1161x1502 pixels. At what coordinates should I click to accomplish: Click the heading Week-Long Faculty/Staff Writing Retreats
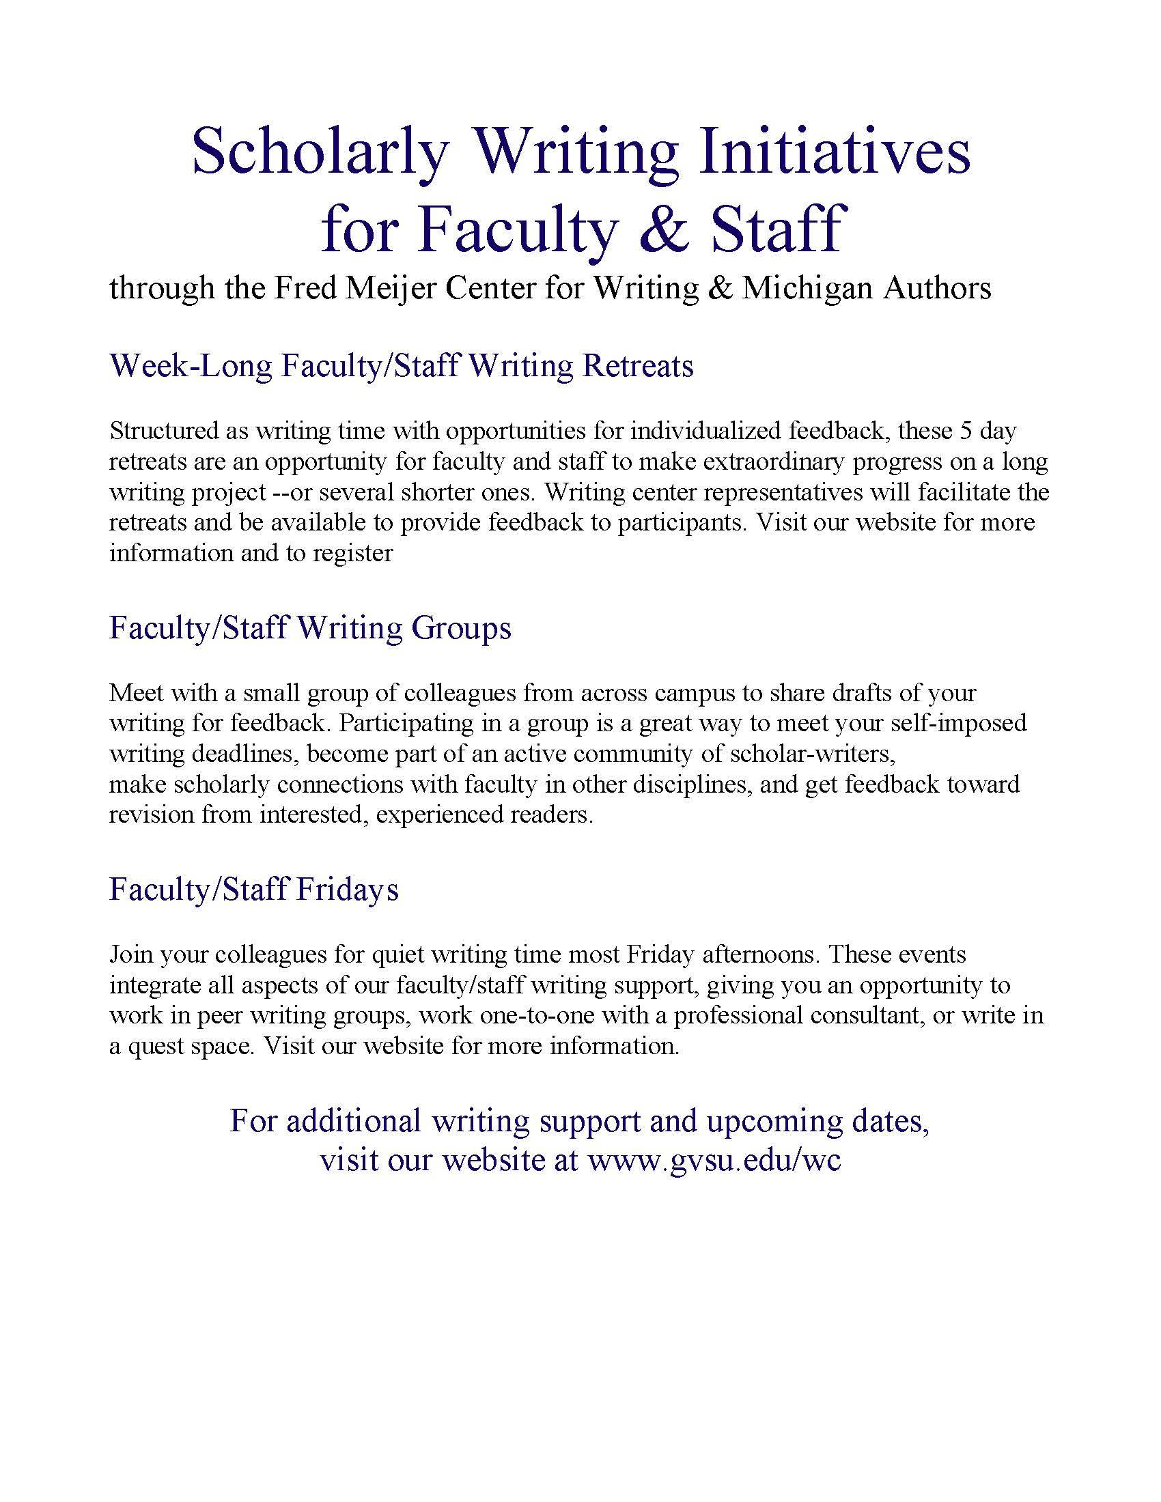coord(401,366)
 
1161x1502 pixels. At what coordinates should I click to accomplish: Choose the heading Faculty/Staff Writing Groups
coord(310,628)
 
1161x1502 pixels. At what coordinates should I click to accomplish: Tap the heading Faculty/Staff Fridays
coord(254,889)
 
